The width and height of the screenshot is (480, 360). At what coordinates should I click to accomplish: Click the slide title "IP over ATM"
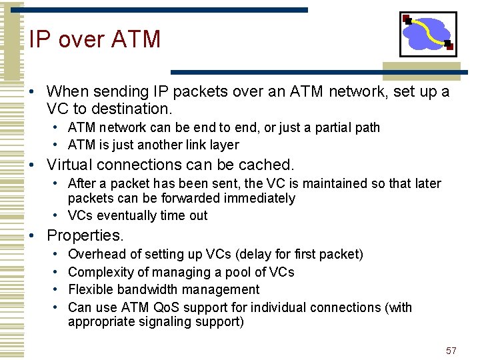[95, 39]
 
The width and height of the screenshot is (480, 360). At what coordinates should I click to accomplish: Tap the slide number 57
[451, 351]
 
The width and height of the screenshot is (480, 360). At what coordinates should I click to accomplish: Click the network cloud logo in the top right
[428, 34]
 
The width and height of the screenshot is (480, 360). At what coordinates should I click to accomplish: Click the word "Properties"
[85, 235]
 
